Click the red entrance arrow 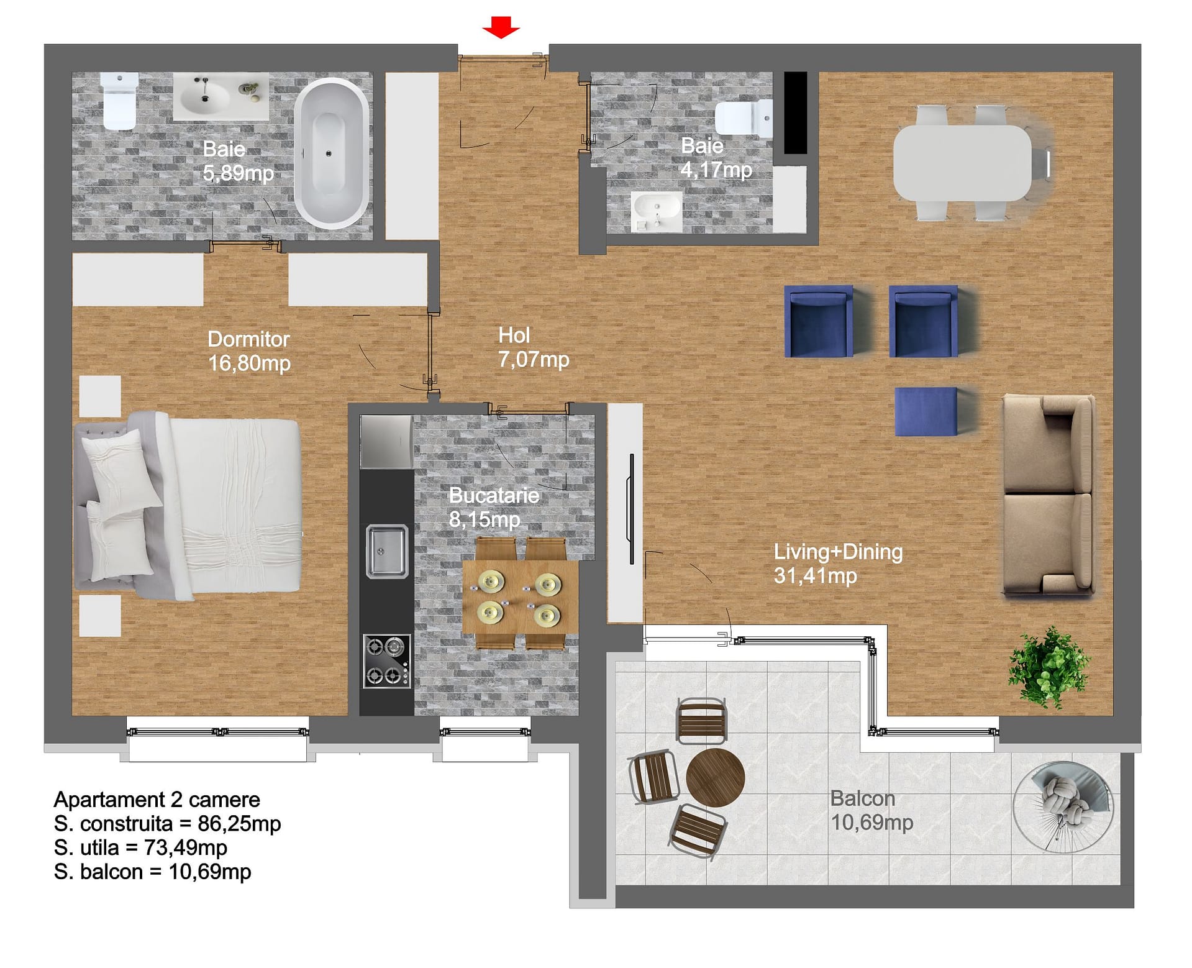click(x=501, y=27)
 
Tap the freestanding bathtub click(x=332, y=152)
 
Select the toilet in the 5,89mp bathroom click(x=119, y=101)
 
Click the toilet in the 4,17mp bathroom click(x=744, y=118)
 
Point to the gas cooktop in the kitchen click(x=386, y=660)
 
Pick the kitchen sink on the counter click(x=386, y=551)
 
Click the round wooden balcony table click(x=715, y=778)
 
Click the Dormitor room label click(x=248, y=339)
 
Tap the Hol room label click(x=514, y=336)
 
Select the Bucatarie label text click(x=494, y=495)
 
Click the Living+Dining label click(x=838, y=552)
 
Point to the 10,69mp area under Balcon click(x=872, y=823)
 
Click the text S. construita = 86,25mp click(x=168, y=824)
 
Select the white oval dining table click(x=962, y=163)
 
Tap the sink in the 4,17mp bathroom click(x=657, y=211)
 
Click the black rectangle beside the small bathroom click(x=796, y=112)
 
